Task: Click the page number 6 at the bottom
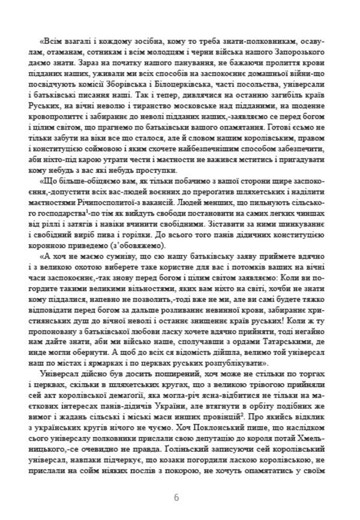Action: (176, 497)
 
